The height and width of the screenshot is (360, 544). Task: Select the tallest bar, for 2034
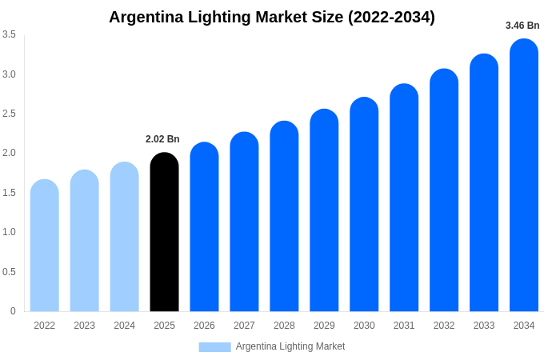(x=524, y=175)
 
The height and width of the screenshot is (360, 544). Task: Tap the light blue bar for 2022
(x=45, y=246)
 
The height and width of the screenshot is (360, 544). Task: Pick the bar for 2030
(x=364, y=205)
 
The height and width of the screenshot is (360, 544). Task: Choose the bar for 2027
(x=244, y=222)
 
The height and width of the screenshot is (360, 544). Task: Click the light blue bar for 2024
(x=124, y=237)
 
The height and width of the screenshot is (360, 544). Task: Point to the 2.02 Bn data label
(x=162, y=139)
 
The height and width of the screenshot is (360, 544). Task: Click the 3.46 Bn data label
(x=522, y=26)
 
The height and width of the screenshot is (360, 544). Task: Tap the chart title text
(x=272, y=17)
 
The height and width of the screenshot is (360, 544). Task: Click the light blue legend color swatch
(x=214, y=346)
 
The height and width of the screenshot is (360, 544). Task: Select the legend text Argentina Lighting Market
(x=290, y=346)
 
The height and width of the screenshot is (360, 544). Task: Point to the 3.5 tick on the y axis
(x=9, y=34)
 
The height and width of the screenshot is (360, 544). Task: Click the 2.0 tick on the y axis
(x=9, y=153)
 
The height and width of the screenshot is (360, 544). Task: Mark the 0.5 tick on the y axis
(x=9, y=272)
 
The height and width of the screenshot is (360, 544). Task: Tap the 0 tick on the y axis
(x=13, y=311)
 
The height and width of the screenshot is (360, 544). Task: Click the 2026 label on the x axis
(x=204, y=326)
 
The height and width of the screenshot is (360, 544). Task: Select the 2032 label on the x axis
(x=444, y=326)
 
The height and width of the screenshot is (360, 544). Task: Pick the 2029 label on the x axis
(x=324, y=326)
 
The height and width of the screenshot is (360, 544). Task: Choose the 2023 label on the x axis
(x=84, y=326)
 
